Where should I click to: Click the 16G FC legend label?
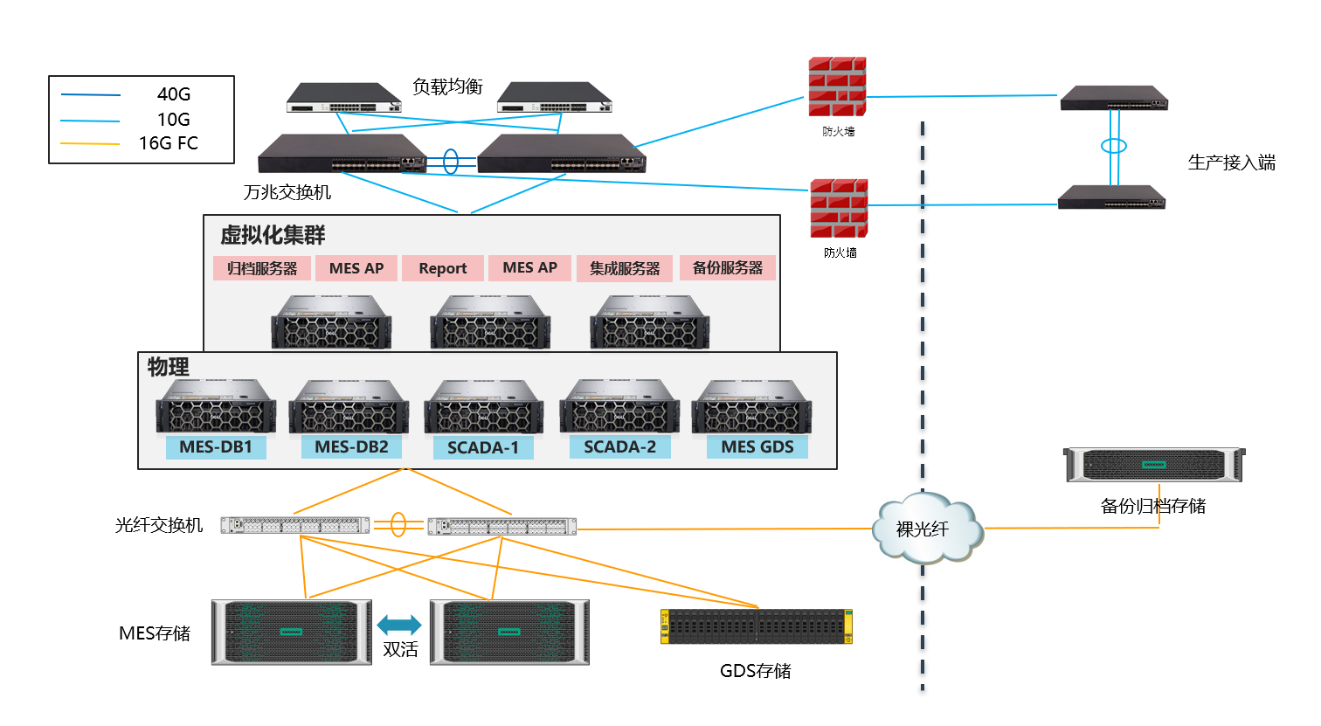[169, 143]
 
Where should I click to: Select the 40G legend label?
[173, 94]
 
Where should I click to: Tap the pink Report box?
[442, 268]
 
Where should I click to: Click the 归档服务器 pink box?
[262, 268]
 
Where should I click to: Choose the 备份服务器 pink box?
[727, 268]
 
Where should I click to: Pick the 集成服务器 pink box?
[624, 268]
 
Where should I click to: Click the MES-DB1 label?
[216, 447]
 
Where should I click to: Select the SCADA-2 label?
[619, 447]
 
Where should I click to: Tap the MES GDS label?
[757, 447]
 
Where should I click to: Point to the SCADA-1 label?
[483, 448]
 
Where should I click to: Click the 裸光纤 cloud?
[924, 529]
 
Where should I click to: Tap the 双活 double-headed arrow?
[399, 625]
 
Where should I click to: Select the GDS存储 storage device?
[756, 626]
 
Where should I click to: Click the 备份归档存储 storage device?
[1153, 465]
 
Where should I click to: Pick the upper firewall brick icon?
[836, 86]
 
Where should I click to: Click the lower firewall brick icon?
[838, 209]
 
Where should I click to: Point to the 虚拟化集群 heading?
[273, 235]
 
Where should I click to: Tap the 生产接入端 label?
[1231, 162]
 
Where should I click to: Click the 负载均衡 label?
[447, 86]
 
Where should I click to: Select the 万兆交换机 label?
[287, 192]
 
